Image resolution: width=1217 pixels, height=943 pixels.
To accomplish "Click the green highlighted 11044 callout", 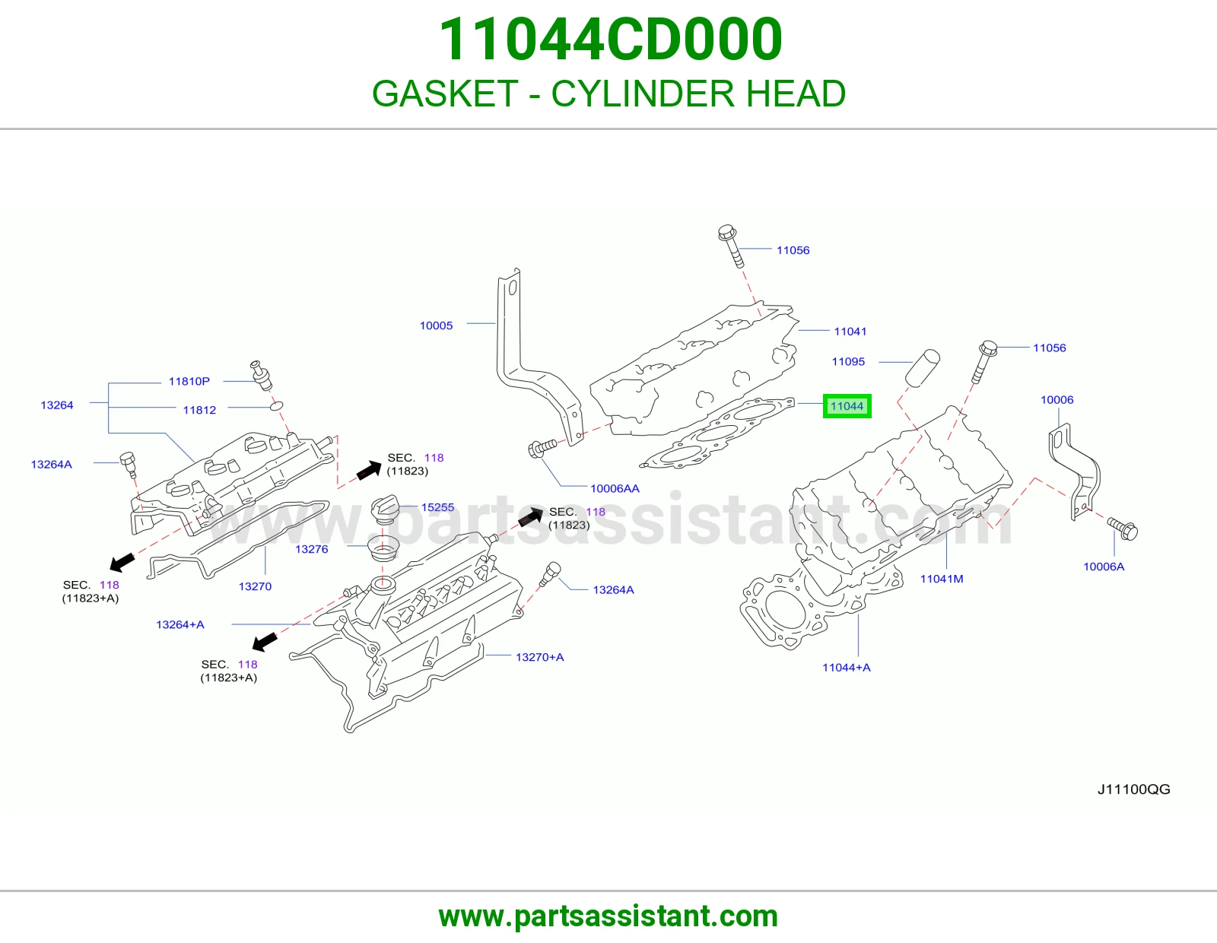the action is click(x=847, y=406).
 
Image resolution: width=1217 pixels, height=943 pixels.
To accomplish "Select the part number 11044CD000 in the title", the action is click(x=611, y=40).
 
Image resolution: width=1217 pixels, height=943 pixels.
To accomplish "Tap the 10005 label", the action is click(x=437, y=325).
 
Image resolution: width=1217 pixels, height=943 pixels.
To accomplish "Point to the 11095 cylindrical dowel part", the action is click(x=922, y=368).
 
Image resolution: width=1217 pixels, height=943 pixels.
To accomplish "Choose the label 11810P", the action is click(x=189, y=381).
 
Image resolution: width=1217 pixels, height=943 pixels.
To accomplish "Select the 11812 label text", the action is click(x=199, y=410).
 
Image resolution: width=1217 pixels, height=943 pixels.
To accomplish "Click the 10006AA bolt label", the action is click(x=615, y=488).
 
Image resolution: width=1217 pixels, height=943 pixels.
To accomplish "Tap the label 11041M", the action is click(x=942, y=579).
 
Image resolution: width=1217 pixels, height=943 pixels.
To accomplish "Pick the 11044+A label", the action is click(x=847, y=667).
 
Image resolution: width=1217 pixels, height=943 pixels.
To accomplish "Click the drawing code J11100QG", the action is click(x=1133, y=789).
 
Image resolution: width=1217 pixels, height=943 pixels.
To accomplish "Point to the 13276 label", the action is click(x=311, y=549).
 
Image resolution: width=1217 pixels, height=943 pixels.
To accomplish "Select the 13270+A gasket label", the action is click(x=540, y=657).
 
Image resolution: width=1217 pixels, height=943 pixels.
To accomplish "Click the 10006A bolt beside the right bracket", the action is click(x=1123, y=529).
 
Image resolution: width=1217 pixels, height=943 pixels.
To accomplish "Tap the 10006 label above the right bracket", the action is click(x=1057, y=400).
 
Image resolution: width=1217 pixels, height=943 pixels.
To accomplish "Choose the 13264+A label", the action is click(x=180, y=624).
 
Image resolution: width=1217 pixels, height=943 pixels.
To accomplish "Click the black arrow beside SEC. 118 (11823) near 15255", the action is click(x=529, y=517).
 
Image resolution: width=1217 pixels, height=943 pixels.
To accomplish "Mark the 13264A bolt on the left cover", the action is click(x=129, y=464).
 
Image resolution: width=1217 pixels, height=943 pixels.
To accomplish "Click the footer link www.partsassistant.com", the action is click(x=608, y=916).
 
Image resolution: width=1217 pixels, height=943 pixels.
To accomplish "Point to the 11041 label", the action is click(x=850, y=331).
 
